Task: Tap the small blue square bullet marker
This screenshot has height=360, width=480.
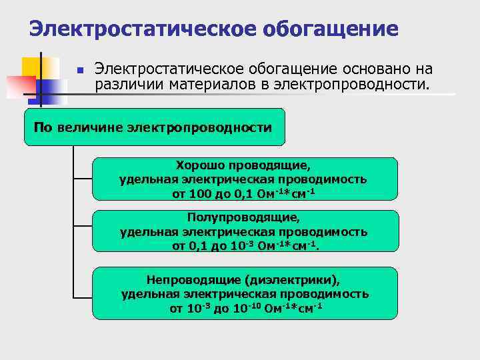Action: (x=79, y=70)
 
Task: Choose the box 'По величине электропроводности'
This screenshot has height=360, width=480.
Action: (x=154, y=127)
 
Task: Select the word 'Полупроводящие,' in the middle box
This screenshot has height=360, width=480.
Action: (x=243, y=217)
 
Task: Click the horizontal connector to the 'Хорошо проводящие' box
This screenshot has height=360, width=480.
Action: (x=81, y=179)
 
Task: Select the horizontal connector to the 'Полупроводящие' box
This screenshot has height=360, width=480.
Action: (x=81, y=231)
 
